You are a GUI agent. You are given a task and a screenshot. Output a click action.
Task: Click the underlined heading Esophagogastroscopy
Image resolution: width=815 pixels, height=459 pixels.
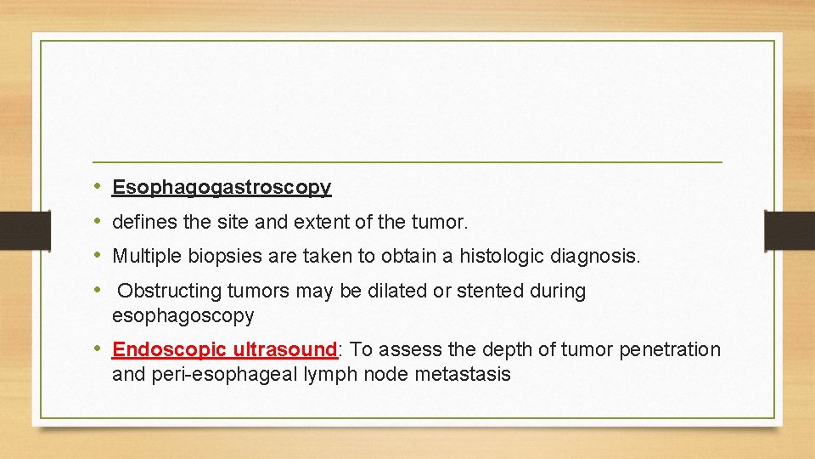222,187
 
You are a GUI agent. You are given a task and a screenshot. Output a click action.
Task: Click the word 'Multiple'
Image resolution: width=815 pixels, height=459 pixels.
146,256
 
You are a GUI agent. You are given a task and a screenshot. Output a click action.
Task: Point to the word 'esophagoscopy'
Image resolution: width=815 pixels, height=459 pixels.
183,316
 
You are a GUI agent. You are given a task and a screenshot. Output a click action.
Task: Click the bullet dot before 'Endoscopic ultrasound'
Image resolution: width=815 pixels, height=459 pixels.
98,349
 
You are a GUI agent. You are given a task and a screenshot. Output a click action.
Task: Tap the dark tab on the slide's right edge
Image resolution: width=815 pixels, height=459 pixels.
790,230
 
